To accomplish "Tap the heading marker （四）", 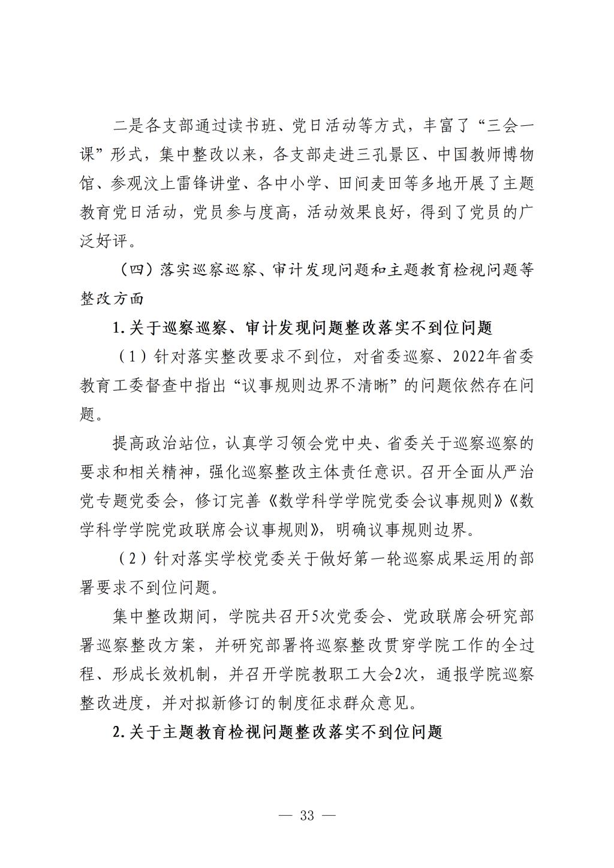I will tap(137, 270).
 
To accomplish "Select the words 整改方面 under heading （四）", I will tap(112, 299).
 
